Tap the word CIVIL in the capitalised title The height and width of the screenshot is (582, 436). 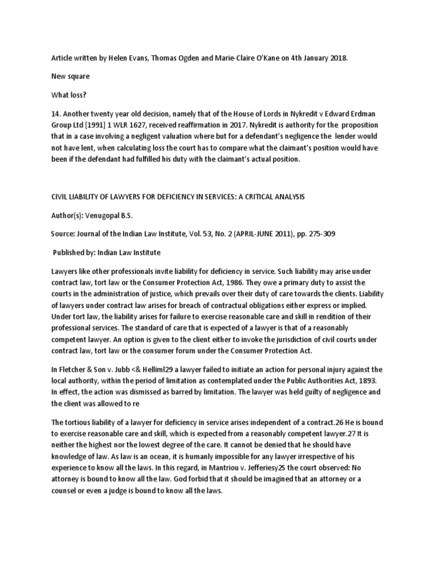point(60,196)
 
